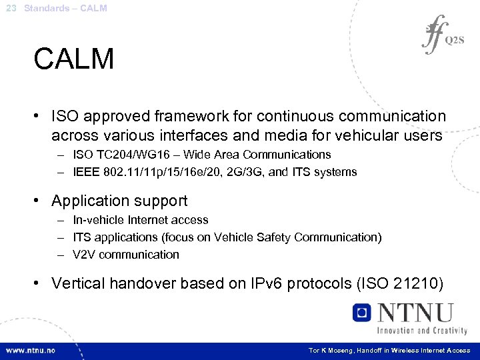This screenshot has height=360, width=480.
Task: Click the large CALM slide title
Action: click(x=74, y=59)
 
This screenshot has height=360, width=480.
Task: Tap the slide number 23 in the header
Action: click(x=10, y=8)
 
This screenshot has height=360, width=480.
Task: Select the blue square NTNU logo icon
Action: click(x=362, y=313)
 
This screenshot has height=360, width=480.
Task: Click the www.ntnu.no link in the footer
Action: click(x=31, y=350)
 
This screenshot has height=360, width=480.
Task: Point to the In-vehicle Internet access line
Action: click(x=141, y=220)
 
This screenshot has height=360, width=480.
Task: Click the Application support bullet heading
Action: click(x=119, y=201)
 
